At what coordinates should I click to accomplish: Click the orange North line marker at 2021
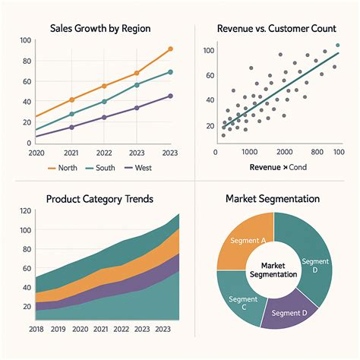pos(71,99)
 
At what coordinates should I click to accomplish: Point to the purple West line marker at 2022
pos(104,117)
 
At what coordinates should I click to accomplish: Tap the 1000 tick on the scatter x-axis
pos(250,152)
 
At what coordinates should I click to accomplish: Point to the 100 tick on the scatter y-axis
pos(209,49)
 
